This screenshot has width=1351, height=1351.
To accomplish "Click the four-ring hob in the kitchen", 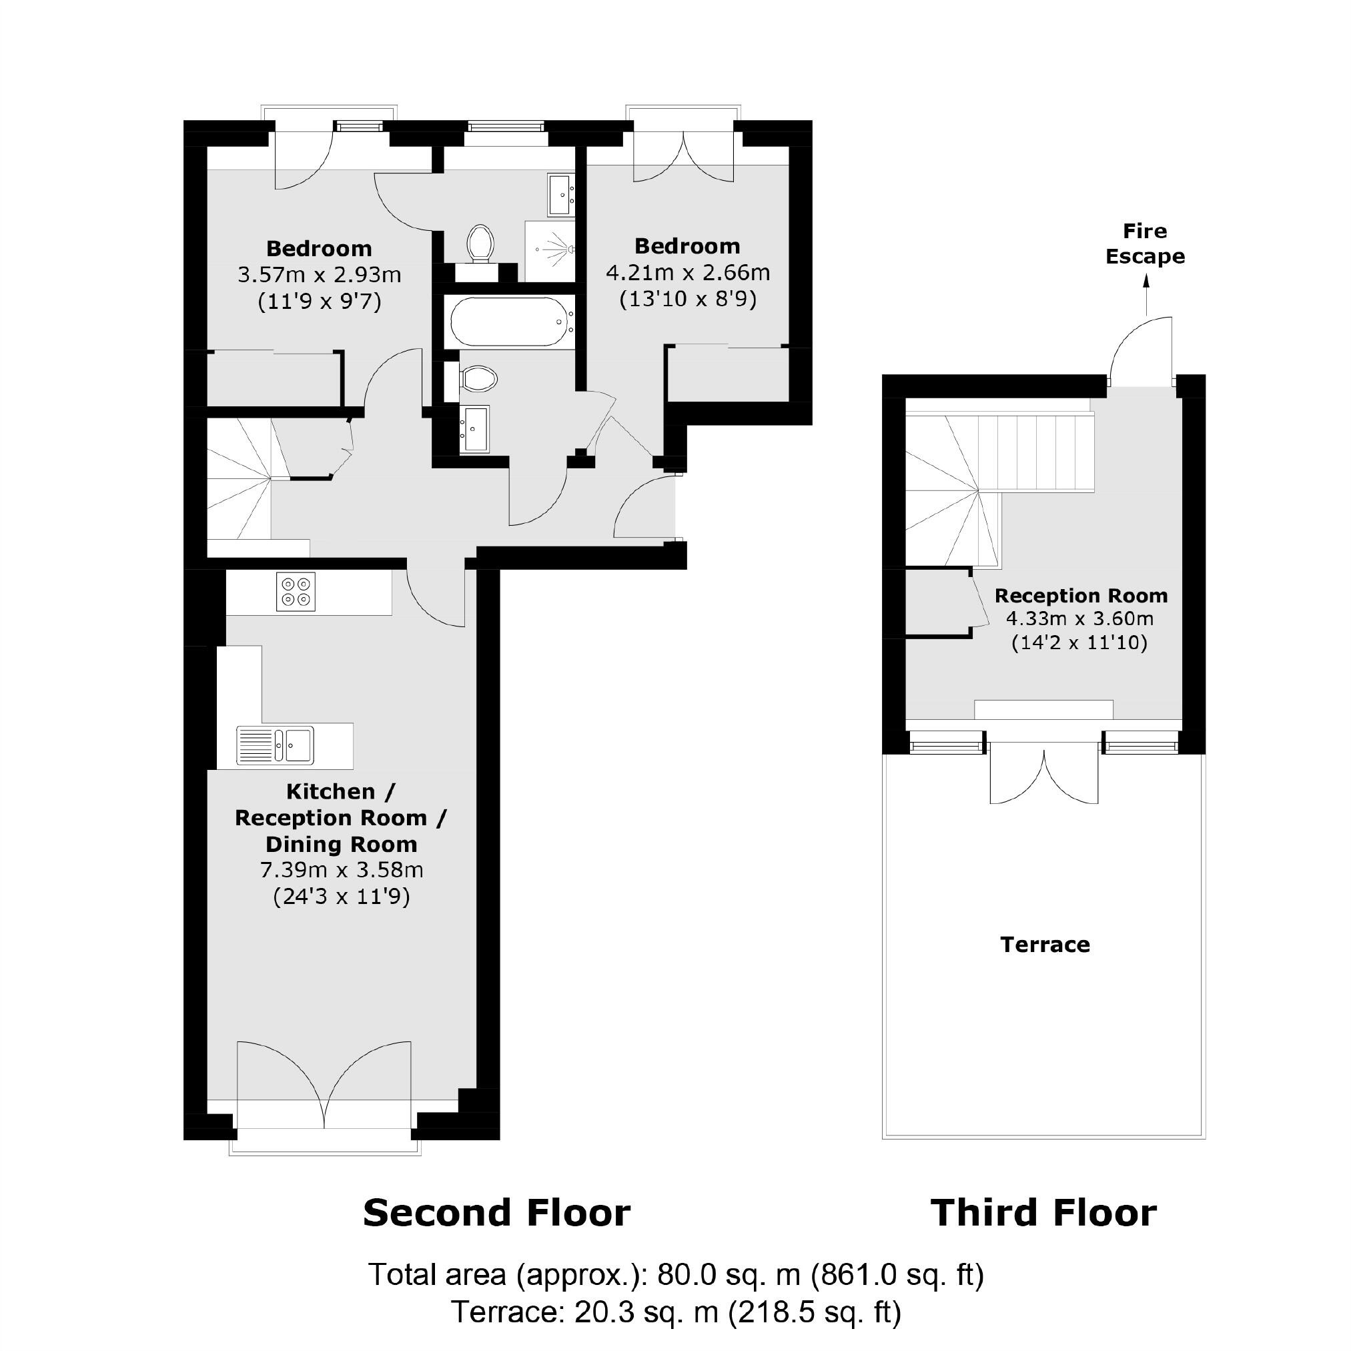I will coord(296,592).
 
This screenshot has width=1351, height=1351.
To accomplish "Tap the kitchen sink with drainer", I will coord(276,745).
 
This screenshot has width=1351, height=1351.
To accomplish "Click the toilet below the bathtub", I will coord(479,380).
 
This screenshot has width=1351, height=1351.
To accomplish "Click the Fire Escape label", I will coord(1145,244).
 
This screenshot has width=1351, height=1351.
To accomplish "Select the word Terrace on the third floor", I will coord(1045,945).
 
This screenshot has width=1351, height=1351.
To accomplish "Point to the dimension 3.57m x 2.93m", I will coord(320,275).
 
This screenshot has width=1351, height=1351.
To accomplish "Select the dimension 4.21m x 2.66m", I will coord(687,272).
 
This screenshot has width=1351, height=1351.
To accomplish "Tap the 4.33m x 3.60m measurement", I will coord(1079,619).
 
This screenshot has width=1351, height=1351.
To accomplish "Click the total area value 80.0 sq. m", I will coord(727,1275).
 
